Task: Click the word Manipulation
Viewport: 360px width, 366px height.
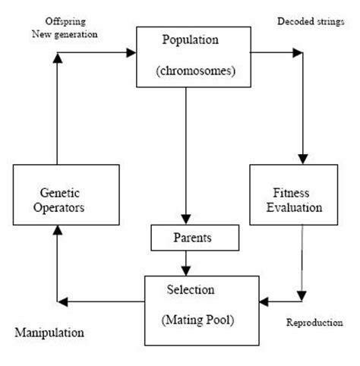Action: [x=49, y=333]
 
